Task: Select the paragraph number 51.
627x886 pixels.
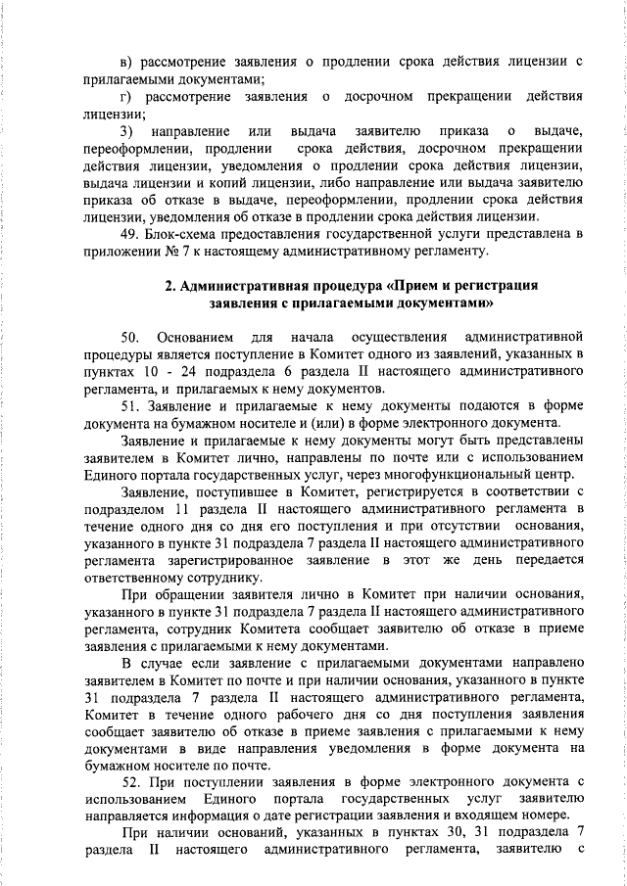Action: click(129, 405)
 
